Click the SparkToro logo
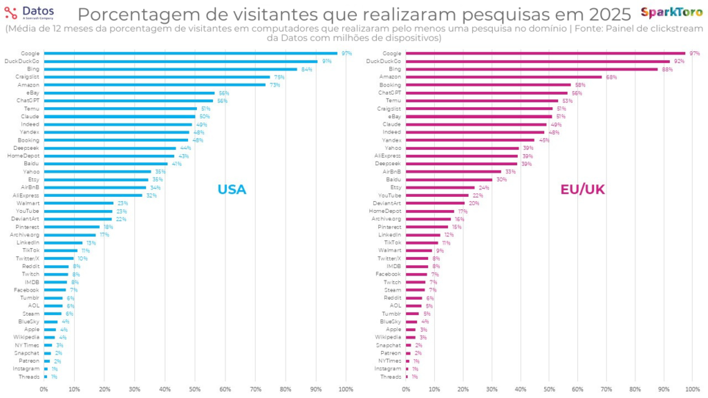click(x=672, y=12)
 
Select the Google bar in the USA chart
click(x=190, y=53)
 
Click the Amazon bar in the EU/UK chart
click(x=503, y=77)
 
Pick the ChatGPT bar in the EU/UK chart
click(x=487, y=93)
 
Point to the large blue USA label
click(x=232, y=189)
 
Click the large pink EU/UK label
click(x=582, y=189)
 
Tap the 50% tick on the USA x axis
click(x=195, y=390)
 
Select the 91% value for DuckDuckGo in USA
click(x=326, y=61)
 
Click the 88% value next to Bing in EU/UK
click(x=667, y=69)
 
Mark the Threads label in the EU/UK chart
click(x=391, y=377)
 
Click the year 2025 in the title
click(x=606, y=15)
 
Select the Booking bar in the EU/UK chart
click(x=488, y=85)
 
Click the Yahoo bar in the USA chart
click(x=97, y=171)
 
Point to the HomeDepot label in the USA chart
click(x=26, y=155)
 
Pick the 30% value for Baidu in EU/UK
click(x=501, y=180)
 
